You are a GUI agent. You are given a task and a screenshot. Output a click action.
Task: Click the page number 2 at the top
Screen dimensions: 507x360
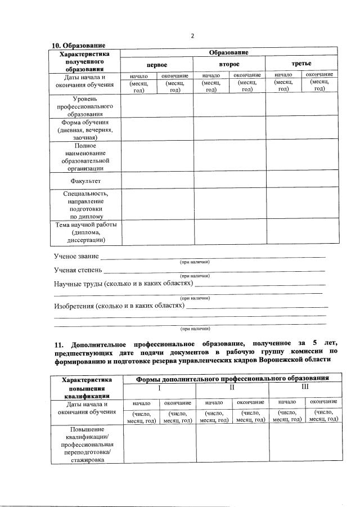click(192, 36)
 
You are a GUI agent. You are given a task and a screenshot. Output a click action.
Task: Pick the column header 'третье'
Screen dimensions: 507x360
click(301, 64)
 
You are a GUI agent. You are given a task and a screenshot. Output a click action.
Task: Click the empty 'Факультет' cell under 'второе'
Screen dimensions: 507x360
click(229, 180)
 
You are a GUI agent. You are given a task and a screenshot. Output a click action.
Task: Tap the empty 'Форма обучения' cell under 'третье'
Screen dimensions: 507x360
click(303, 129)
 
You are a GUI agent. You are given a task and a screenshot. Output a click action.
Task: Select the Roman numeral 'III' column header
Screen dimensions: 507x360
click(305, 388)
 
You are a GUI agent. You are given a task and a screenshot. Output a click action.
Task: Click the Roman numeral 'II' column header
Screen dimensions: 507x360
click(232, 389)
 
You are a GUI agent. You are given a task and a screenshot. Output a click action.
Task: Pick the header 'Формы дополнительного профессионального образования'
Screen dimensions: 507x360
click(232, 379)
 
